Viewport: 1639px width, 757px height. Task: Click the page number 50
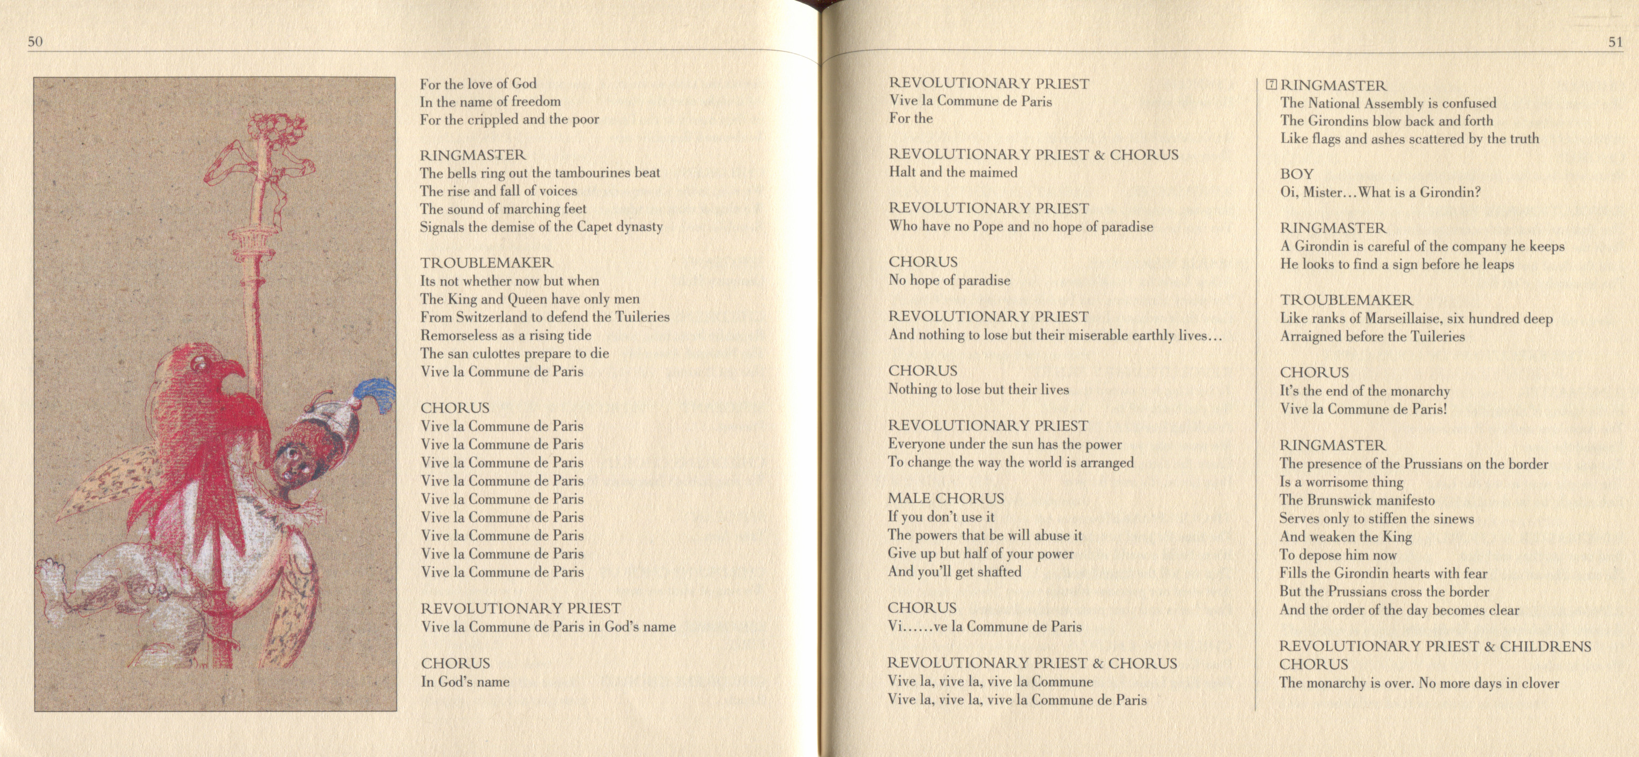click(35, 42)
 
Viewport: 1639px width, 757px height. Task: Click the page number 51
click(1615, 42)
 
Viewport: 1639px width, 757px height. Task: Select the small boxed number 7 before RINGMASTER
click(1271, 85)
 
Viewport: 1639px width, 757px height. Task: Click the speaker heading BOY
click(1297, 174)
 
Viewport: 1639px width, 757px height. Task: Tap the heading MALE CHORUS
click(946, 498)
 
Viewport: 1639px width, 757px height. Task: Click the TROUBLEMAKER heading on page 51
click(1346, 300)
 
